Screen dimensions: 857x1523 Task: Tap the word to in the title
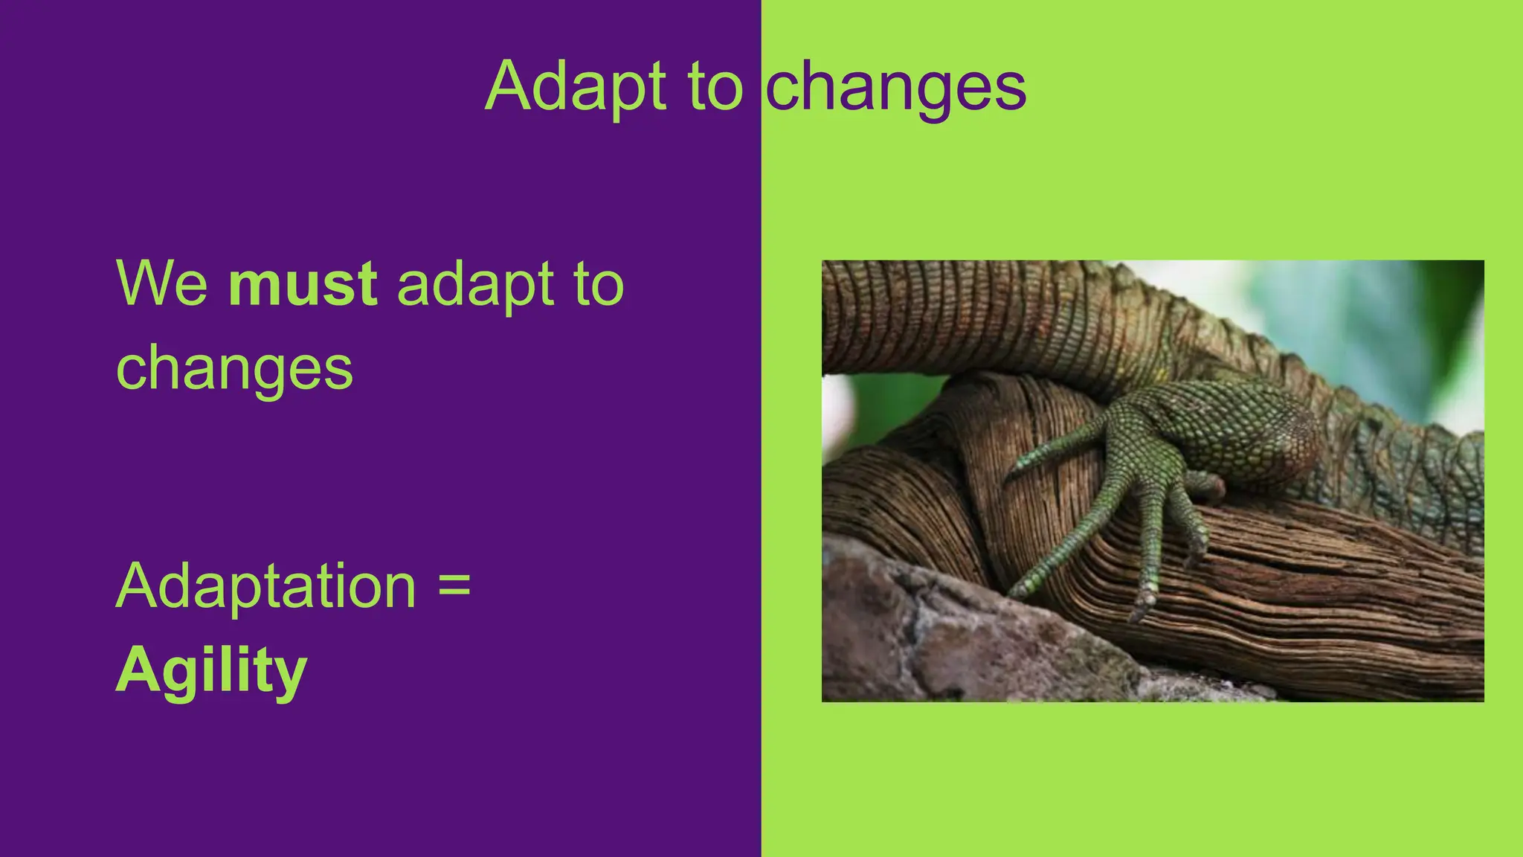click(x=715, y=88)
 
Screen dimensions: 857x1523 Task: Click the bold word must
click(x=303, y=284)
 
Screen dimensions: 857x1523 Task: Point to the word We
click(x=162, y=284)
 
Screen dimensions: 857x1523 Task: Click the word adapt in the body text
click(x=476, y=286)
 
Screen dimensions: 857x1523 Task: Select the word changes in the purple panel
click(x=234, y=369)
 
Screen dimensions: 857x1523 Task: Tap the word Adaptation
click(x=265, y=586)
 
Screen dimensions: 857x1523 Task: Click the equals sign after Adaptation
click(x=454, y=583)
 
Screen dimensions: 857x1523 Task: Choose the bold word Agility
click(x=211, y=671)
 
